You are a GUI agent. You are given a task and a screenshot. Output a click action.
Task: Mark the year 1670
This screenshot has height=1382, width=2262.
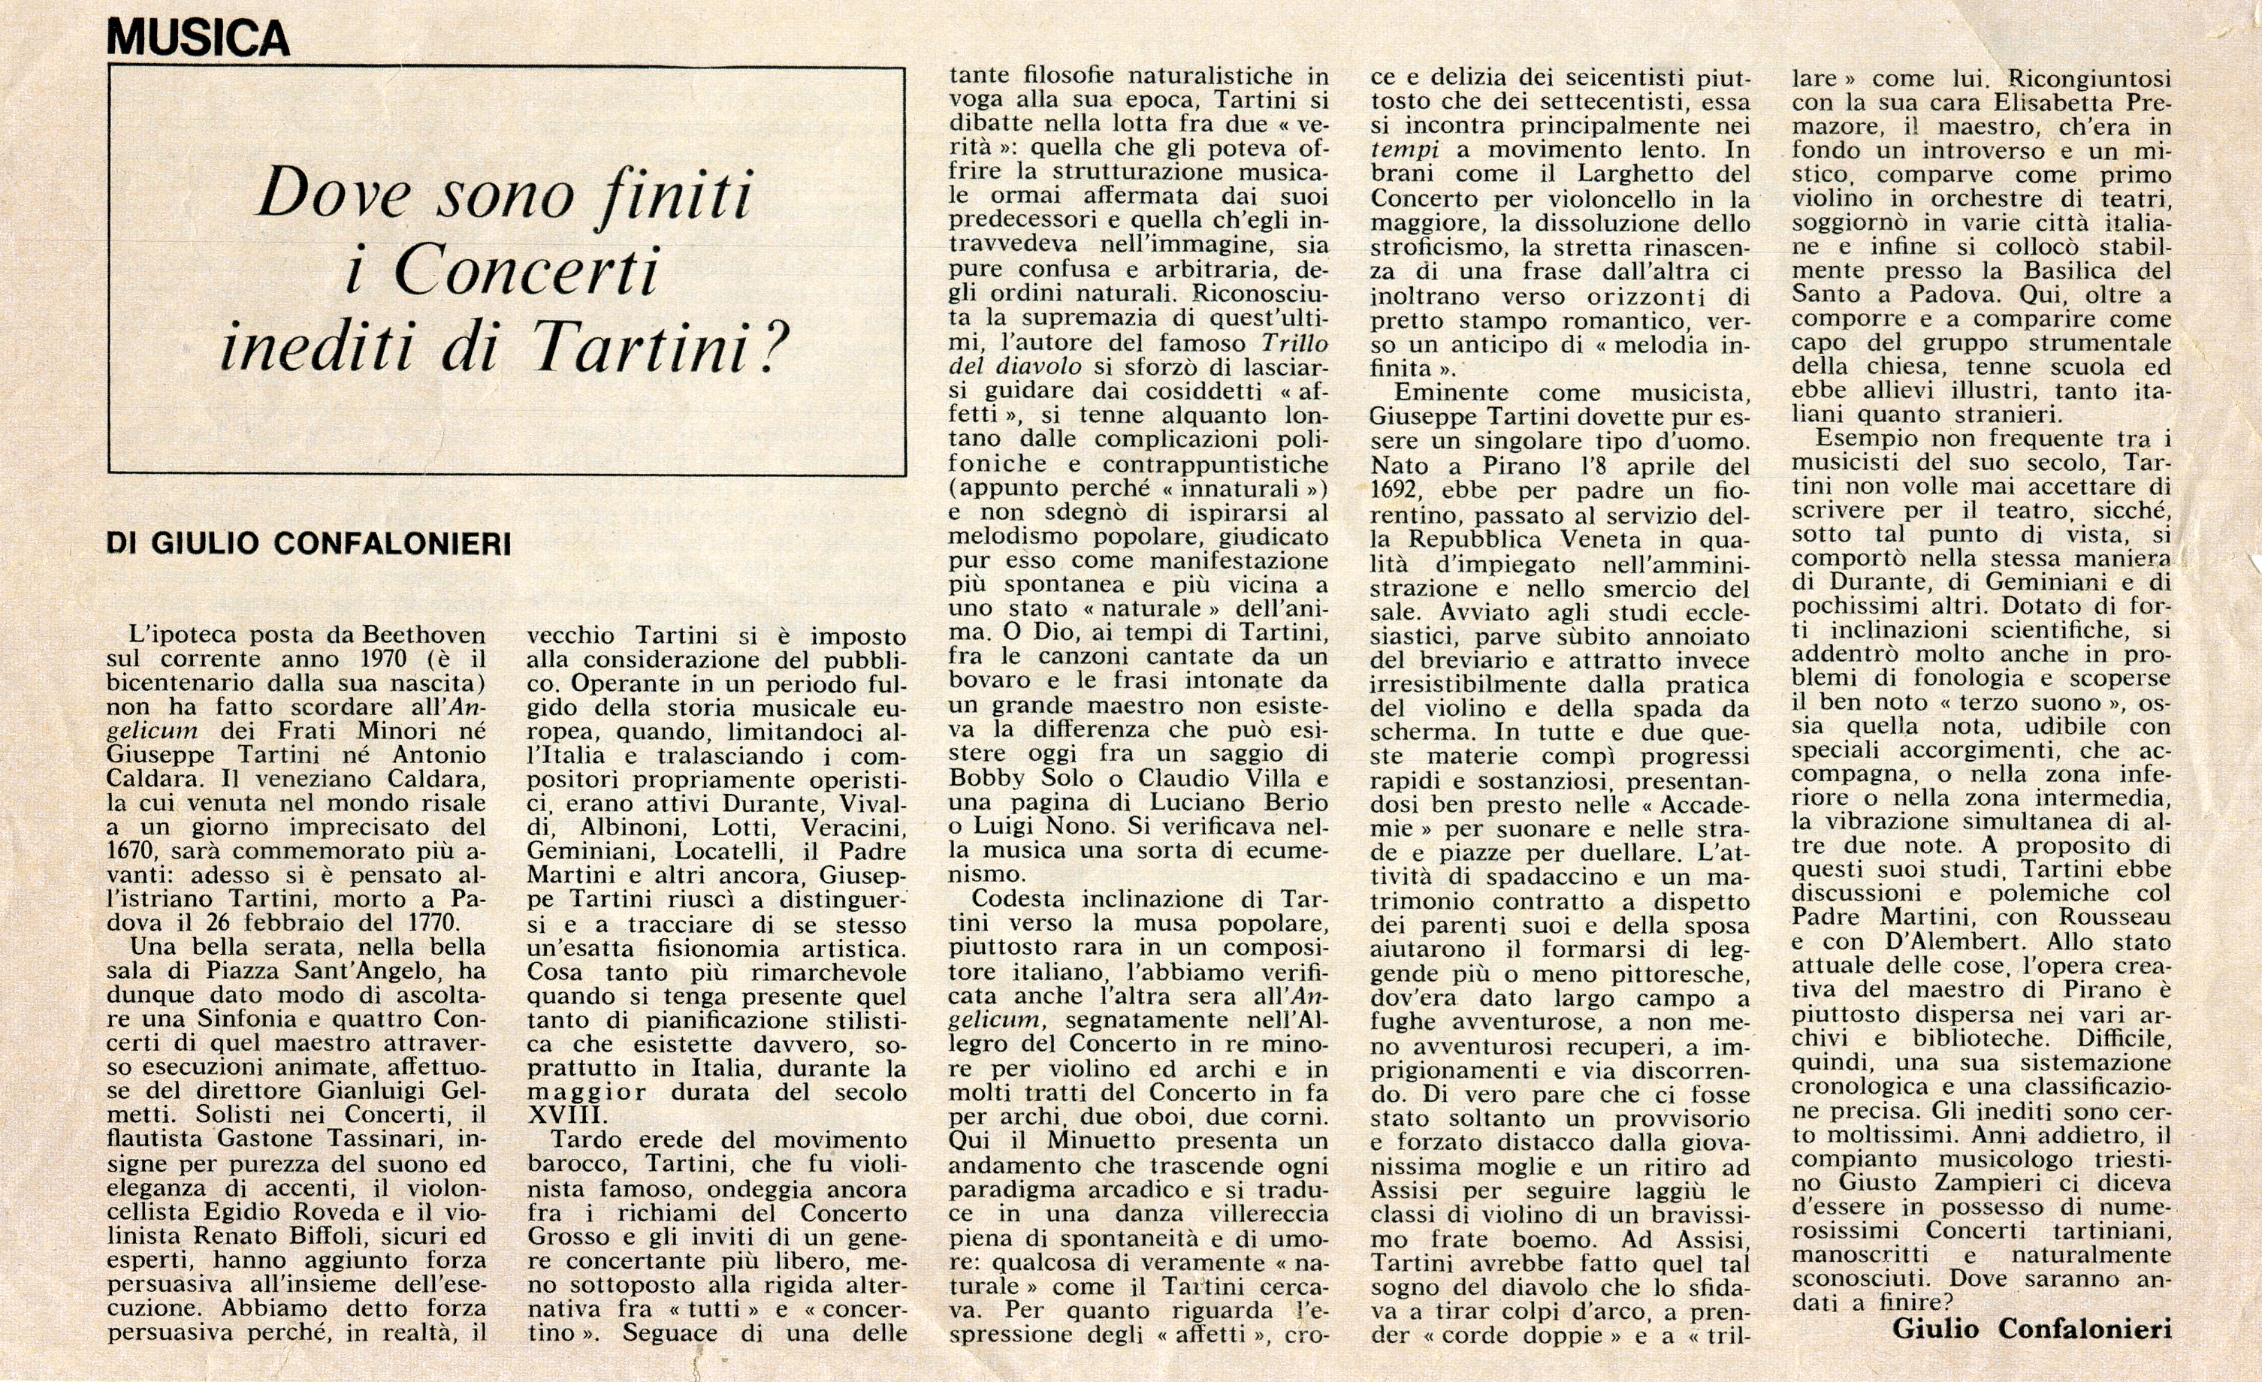pos(131,851)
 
